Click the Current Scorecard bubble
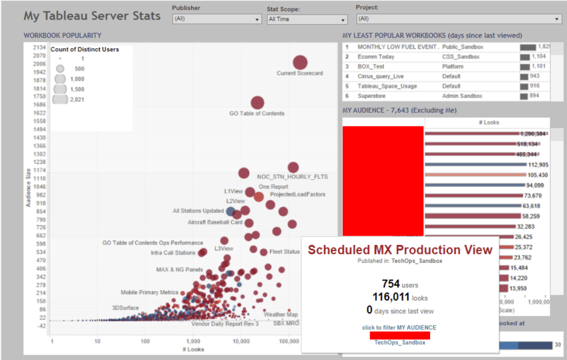click(300, 62)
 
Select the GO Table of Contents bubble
click(257, 103)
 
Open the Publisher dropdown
click(217, 19)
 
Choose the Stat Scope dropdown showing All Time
click(307, 19)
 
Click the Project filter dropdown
click(458, 18)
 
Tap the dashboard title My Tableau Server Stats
click(92, 15)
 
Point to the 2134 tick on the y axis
click(39, 47)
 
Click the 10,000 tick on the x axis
click(242, 341)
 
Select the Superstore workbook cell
click(372, 97)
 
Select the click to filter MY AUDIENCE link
click(399, 328)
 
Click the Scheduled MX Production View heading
click(400, 250)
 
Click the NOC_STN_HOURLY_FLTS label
click(292, 177)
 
